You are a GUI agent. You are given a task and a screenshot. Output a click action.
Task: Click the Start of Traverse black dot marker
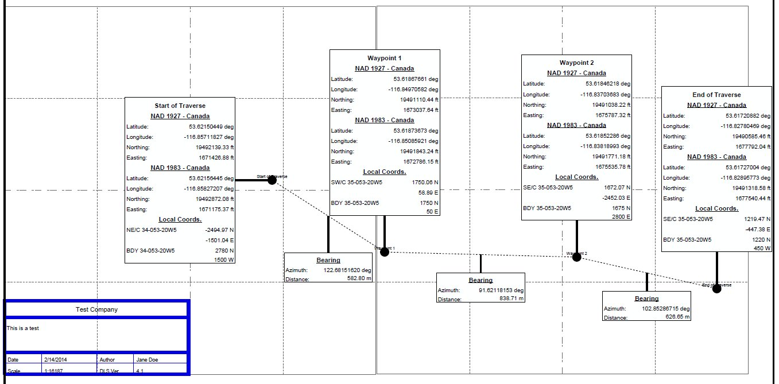pyautogui.click(x=272, y=180)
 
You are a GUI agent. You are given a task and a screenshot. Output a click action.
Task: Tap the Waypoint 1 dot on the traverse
pyautogui.click(x=385, y=252)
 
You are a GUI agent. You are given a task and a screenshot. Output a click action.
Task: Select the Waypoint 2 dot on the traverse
pyautogui.click(x=577, y=257)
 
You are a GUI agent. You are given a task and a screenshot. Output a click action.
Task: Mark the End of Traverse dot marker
pyautogui.click(x=716, y=289)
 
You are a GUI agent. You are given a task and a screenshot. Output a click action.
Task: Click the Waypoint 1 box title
pyautogui.click(x=384, y=59)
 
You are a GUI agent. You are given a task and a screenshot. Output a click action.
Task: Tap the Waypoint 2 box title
pyautogui.click(x=576, y=63)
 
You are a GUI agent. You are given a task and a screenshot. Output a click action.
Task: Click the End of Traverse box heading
pyautogui.click(x=716, y=95)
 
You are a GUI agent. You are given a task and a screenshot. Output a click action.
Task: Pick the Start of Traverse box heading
pyautogui.click(x=180, y=106)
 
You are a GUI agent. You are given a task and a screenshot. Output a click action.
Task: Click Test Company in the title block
pyautogui.click(x=96, y=309)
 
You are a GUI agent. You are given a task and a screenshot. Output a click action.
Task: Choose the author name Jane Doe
pyautogui.click(x=147, y=360)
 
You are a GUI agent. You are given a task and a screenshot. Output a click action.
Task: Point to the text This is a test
pyautogui.click(x=22, y=328)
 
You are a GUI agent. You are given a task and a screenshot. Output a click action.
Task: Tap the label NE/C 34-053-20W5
pyautogui.click(x=152, y=230)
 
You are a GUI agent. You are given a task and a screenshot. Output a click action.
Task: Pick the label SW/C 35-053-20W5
pyautogui.click(x=357, y=183)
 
